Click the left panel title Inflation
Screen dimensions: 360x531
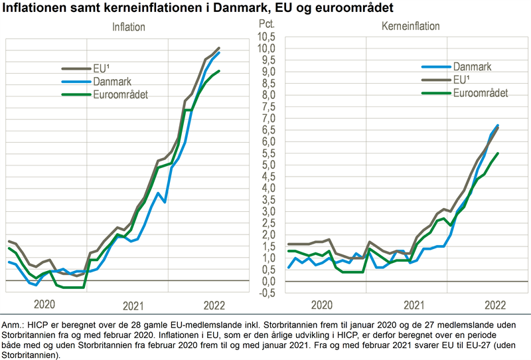[129, 28]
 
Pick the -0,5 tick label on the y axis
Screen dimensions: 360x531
[266, 293]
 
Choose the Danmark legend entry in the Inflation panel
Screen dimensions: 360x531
[112, 82]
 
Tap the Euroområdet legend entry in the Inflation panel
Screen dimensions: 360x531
[120, 95]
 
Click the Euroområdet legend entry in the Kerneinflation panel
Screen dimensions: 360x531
[481, 93]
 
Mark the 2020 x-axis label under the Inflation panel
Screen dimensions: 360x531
[45, 305]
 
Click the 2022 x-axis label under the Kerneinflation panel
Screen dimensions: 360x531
[495, 305]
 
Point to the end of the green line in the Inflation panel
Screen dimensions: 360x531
[220, 71]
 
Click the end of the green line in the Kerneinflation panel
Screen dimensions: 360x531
[498, 153]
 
